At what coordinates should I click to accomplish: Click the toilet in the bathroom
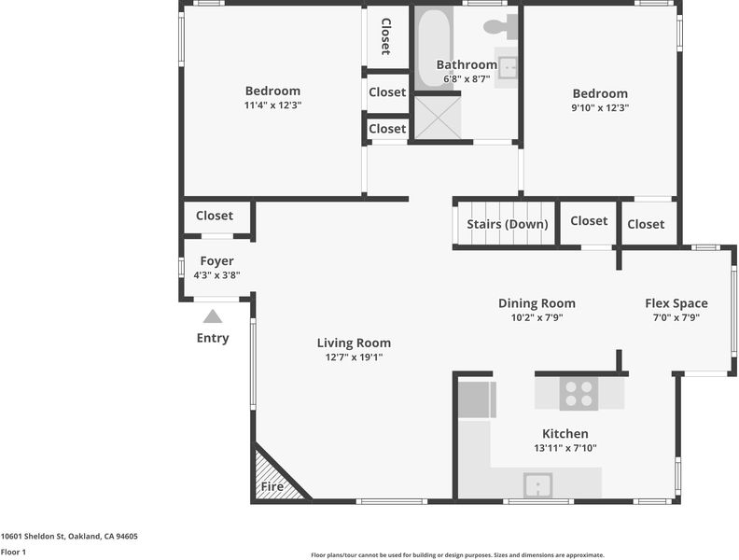(500, 26)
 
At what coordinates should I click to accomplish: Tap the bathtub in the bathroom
(434, 48)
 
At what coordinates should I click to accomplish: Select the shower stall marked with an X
(438, 118)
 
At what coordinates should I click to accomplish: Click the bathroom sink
(508, 68)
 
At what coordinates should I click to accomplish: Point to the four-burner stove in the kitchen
(579, 394)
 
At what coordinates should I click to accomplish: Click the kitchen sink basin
(537, 485)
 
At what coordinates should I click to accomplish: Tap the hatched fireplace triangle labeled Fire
(275, 475)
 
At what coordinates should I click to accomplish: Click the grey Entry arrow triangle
(213, 316)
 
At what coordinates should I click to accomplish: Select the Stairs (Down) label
(507, 224)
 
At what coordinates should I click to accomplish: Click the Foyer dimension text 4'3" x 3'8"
(216, 275)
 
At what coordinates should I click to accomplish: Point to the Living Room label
(354, 343)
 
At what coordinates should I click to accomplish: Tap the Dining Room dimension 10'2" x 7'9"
(537, 317)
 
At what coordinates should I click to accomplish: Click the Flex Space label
(676, 303)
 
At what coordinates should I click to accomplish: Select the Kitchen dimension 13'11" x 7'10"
(565, 448)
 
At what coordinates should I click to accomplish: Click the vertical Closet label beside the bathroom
(386, 36)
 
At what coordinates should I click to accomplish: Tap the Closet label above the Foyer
(215, 216)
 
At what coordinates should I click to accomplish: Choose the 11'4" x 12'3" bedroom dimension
(272, 105)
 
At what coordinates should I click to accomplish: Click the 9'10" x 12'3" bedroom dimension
(600, 107)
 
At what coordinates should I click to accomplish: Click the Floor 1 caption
(13, 552)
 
